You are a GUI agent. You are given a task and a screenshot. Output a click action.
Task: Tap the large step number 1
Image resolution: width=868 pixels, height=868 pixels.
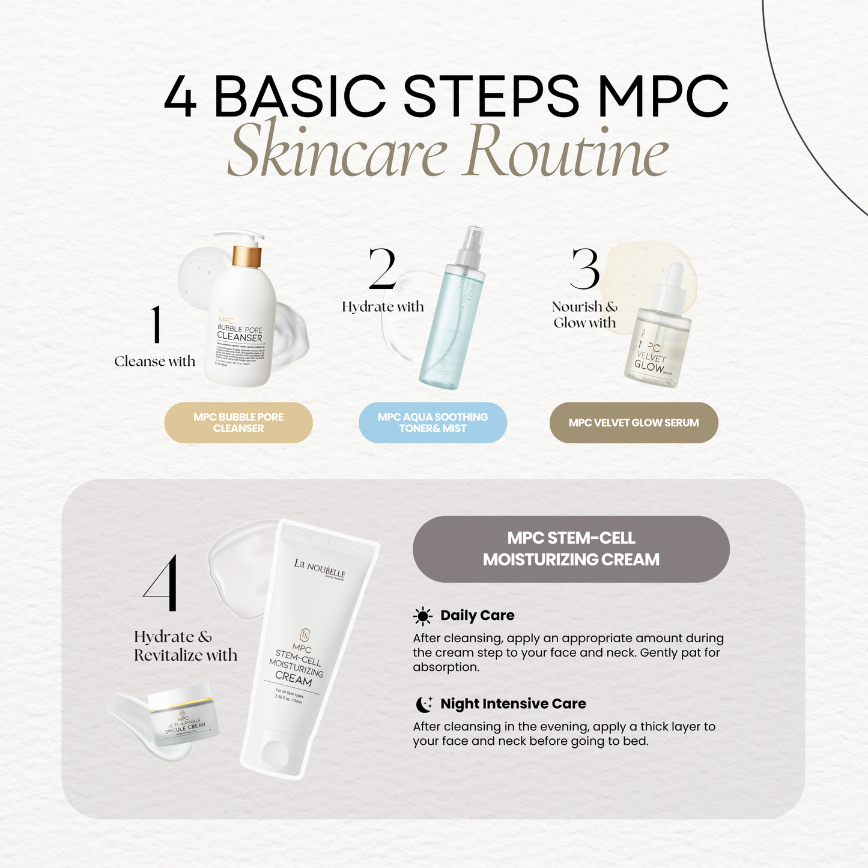tap(156, 325)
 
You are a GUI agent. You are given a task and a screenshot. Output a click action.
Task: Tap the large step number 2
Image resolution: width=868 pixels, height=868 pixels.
tap(383, 269)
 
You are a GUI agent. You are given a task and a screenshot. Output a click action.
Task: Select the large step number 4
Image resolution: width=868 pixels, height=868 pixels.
tap(161, 583)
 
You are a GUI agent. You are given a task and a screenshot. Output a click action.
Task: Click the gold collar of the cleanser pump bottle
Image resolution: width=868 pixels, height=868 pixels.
tap(247, 256)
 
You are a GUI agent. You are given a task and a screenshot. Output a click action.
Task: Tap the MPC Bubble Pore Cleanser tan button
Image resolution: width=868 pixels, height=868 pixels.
tap(238, 423)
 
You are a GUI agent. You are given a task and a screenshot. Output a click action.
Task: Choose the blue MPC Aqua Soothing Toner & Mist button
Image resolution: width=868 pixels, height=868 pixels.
tap(432, 423)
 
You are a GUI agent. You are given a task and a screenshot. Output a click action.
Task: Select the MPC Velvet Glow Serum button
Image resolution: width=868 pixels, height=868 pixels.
tap(634, 423)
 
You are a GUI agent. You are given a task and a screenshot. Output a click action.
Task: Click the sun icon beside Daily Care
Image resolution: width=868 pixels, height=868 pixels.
tap(422, 616)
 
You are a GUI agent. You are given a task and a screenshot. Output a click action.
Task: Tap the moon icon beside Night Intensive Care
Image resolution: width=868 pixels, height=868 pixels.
tap(423, 704)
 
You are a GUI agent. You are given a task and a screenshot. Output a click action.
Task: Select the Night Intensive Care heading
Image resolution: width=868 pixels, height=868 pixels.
tap(513, 704)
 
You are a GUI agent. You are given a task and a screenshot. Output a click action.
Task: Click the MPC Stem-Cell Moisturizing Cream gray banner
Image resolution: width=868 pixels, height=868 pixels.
tap(571, 549)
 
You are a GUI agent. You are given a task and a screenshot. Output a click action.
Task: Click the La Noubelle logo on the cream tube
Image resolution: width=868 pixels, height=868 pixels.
tap(320, 568)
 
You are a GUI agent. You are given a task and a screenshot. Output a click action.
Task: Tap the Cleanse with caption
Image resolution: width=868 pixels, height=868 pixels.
tap(155, 362)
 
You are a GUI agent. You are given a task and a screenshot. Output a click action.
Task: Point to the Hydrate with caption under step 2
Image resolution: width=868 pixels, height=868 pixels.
tap(383, 307)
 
